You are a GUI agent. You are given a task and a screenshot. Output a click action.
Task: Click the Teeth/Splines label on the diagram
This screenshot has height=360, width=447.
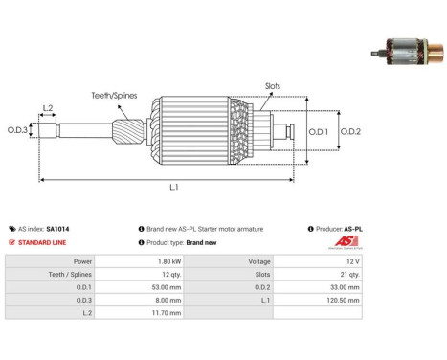pos(114,96)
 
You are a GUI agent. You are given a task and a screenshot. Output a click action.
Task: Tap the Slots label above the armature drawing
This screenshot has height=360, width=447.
pos(273,86)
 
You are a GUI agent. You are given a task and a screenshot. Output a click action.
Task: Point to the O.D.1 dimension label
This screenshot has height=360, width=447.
pos(319,132)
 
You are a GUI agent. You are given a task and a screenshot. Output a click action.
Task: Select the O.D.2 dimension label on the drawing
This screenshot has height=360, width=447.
pos(350,131)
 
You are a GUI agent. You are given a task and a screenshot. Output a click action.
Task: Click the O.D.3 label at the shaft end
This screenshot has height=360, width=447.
pos(17,130)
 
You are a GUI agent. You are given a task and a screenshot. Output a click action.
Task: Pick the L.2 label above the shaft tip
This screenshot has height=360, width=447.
pos(48,108)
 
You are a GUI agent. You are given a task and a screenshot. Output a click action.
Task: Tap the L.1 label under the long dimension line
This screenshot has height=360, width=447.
pos(174,187)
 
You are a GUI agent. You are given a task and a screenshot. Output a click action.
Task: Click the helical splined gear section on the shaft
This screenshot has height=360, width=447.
pos(128,131)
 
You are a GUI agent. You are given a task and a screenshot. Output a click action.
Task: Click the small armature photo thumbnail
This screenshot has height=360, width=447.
pos(408,52)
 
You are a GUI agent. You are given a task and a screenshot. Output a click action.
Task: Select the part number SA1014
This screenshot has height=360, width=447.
pos(57,229)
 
